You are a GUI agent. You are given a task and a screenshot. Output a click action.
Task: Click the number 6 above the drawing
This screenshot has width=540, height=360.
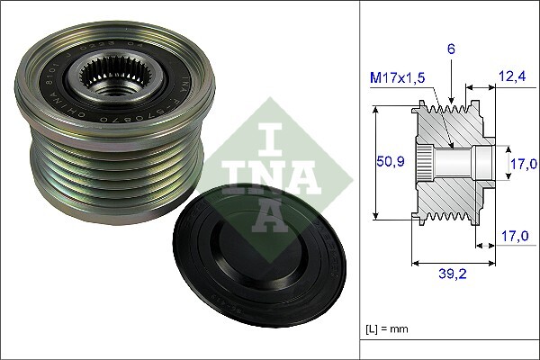pos(451,49)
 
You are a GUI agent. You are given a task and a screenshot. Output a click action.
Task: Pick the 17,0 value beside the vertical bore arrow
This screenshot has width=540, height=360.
pos(523,164)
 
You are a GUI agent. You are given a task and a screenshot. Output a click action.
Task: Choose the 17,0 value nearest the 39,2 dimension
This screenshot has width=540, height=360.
pos(514,237)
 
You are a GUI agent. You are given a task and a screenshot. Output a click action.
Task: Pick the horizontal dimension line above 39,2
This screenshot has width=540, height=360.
pos(454,264)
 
